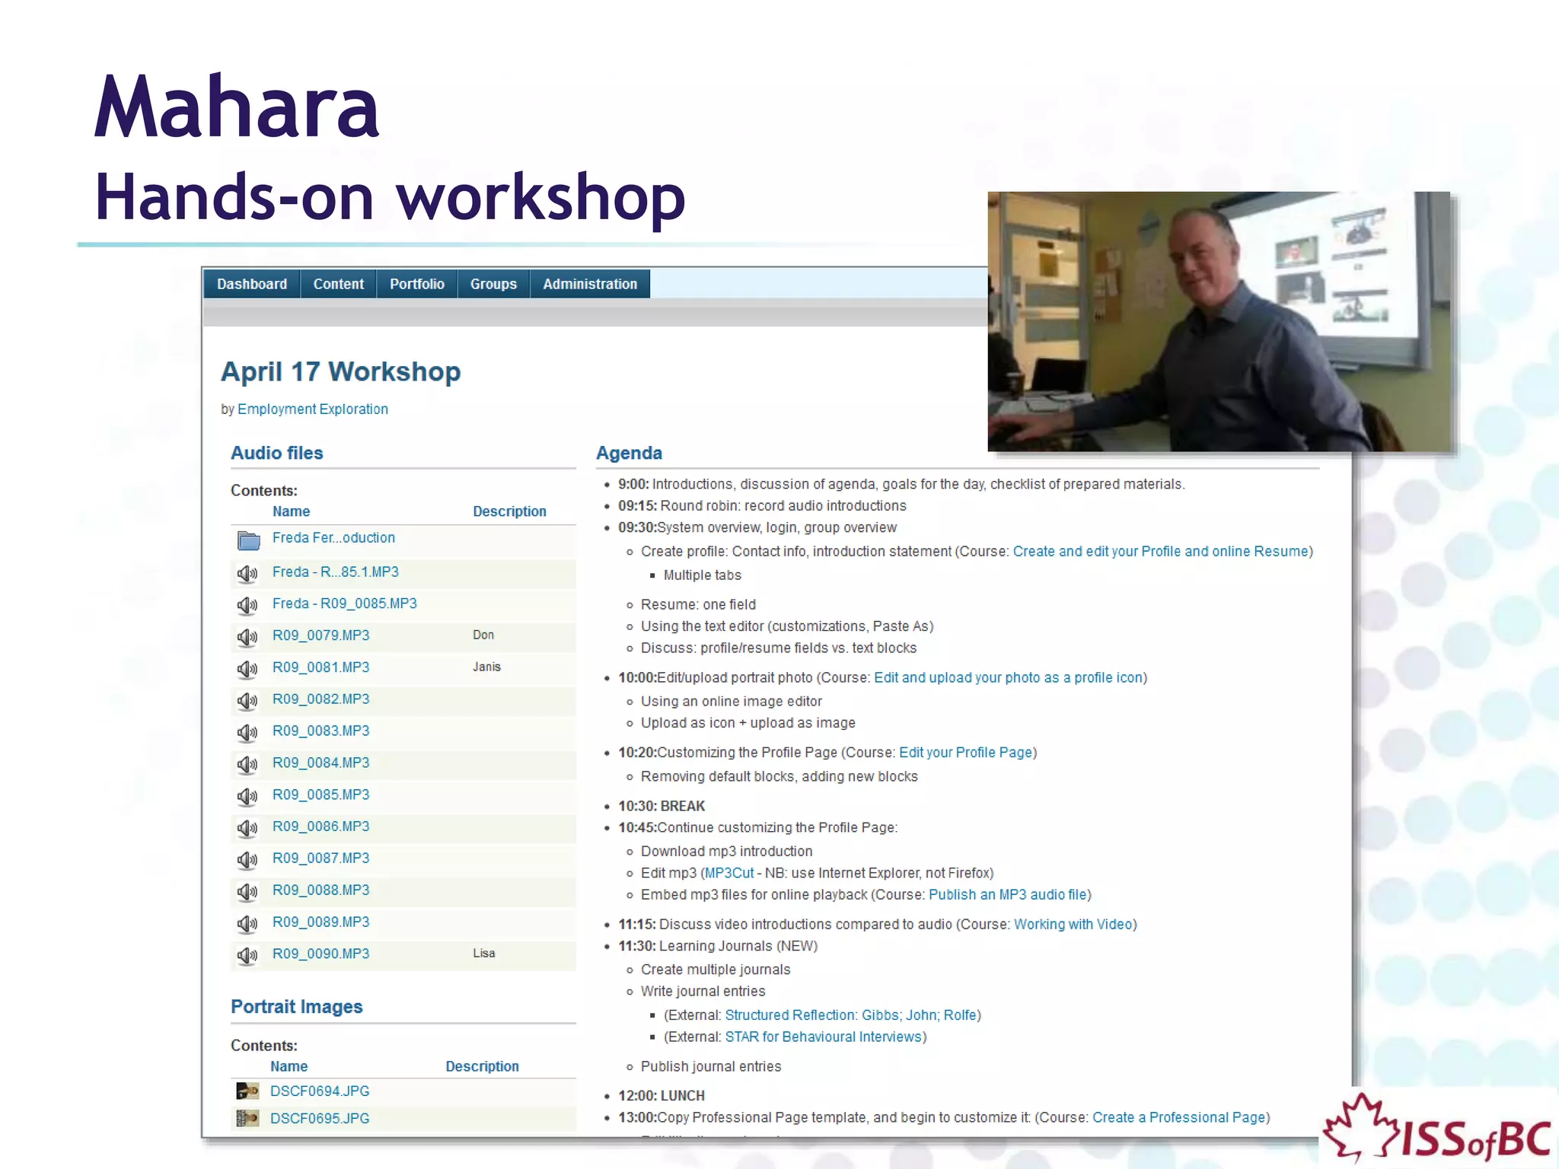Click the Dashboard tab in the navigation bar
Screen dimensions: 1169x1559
click(252, 284)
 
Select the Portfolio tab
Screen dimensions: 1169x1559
click(416, 284)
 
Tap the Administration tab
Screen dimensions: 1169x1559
click(590, 284)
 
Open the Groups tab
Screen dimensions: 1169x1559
click(493, 284)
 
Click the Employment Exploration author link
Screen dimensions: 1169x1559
click(312, 409)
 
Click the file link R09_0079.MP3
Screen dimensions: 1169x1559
click(320, 635)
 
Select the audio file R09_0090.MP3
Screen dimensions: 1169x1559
click(320, 954)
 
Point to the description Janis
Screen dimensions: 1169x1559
click(486, 667)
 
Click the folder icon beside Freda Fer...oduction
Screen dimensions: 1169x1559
click(248, 540)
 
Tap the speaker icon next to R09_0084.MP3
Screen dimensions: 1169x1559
click(247, 764)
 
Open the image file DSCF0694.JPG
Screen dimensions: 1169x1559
click(320, 1091)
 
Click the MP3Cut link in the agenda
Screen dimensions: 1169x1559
click(728, 873)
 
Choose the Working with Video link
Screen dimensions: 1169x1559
click(1073, 924)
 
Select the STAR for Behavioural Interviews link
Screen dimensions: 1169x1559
click(824, 1037)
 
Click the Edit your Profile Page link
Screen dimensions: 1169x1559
click(966, 753)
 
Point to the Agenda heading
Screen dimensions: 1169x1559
click(629, 454)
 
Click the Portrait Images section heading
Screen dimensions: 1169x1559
click(297, 1007)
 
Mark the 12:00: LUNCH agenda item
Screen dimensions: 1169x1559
click(661, 1096)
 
